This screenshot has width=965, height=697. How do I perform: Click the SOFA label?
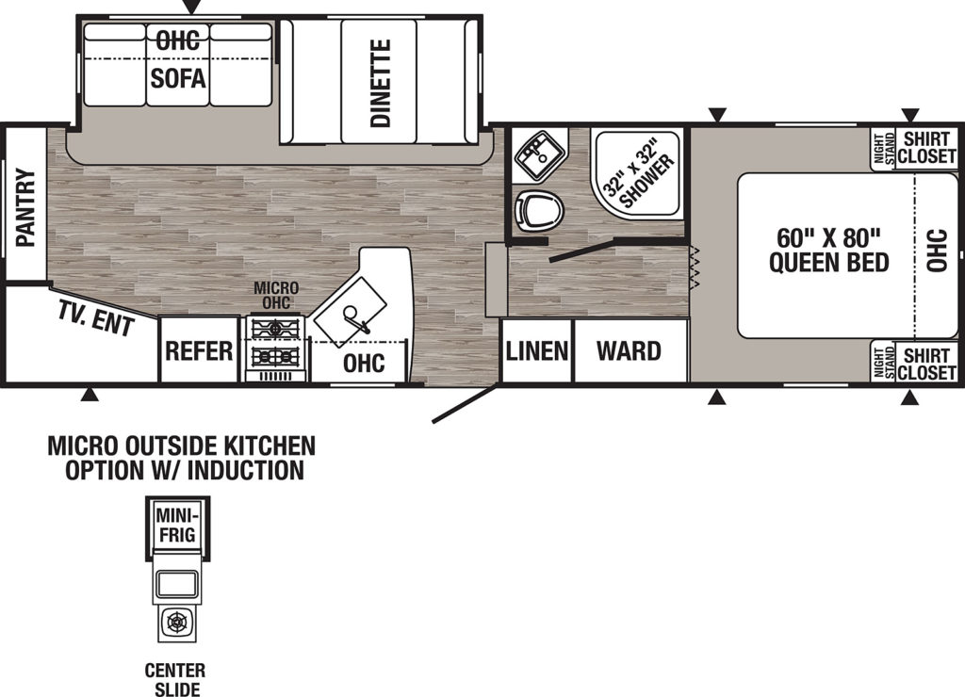click(x=178, y=78)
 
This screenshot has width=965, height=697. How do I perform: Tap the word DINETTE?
click(x=381, y=84)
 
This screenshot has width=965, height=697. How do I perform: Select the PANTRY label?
click(x=25, y=208)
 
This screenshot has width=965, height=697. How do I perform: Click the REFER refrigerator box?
click(x=199, y=349)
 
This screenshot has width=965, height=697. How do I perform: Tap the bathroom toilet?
click(x=539, y=208)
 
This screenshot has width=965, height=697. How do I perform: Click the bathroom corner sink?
click(x=540, y=154)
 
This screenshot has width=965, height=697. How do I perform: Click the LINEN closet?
click(x=536, y=350)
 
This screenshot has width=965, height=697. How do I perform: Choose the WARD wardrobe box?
click(x=630, y=350)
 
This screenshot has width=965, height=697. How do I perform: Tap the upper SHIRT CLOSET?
click(x=926, y=148)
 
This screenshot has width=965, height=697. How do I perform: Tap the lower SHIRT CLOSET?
click(x=926, y=364)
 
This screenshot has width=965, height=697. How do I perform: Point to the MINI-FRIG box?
click(x=177, y=526)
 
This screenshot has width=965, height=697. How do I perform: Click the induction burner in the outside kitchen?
click(x=177, y=623)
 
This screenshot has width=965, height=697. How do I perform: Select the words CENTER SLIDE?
click(x=175, y=679)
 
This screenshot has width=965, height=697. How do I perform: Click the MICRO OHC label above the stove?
click(x=276, y=296)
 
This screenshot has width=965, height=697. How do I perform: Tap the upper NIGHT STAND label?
click(x=884, y=148)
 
